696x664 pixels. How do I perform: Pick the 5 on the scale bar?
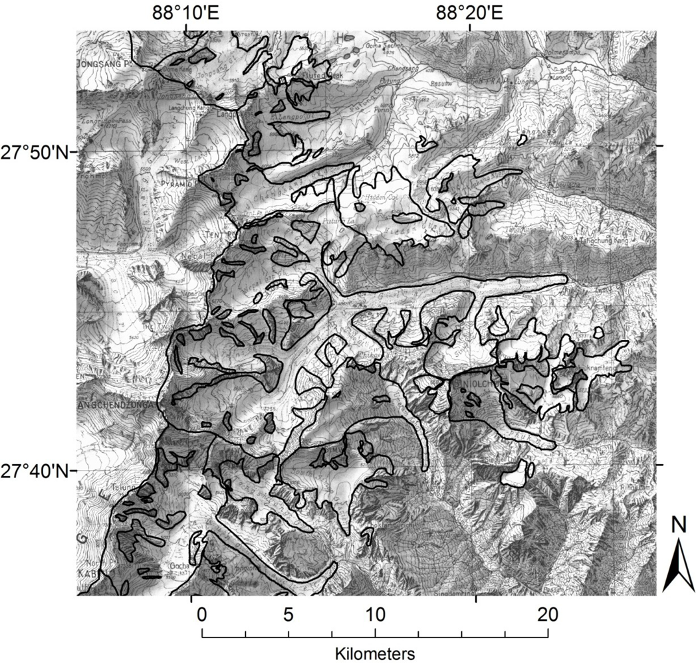(x=289, y=615)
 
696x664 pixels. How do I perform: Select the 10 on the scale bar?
(x=375, y=615)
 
